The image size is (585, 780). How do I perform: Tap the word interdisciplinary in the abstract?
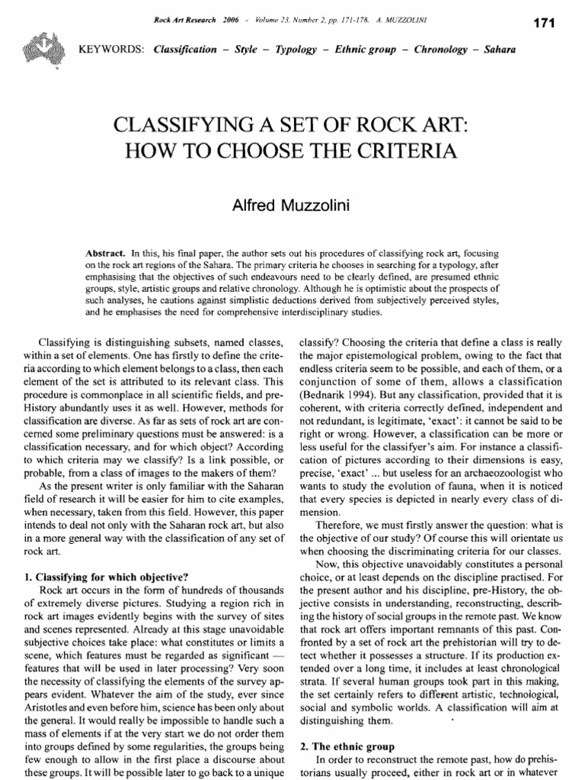click(301, 312)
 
